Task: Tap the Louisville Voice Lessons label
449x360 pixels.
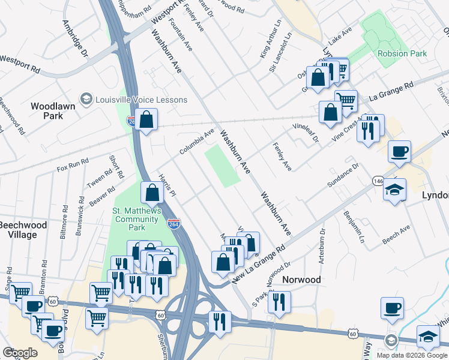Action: tap(142, 100)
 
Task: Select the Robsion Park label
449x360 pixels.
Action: tap(402, 53)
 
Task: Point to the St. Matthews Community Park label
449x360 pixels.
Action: tap(137, 219)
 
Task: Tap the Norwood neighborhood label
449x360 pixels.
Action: tap(302, 280)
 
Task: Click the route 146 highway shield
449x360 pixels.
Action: tap(378, 180)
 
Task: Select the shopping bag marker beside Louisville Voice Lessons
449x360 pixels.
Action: tap(146, 119)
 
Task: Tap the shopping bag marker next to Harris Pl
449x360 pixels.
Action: tap(152, 193)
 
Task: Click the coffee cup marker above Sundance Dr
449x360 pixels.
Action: tap(399, 151)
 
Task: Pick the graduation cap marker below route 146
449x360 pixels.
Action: tap(394, 190)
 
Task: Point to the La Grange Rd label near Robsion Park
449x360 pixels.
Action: tap(391, 92)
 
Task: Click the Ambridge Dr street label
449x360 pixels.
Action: tap(76, 38)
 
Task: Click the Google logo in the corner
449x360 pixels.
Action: tap(20, 353)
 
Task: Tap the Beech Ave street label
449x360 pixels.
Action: tap(396, 233)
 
